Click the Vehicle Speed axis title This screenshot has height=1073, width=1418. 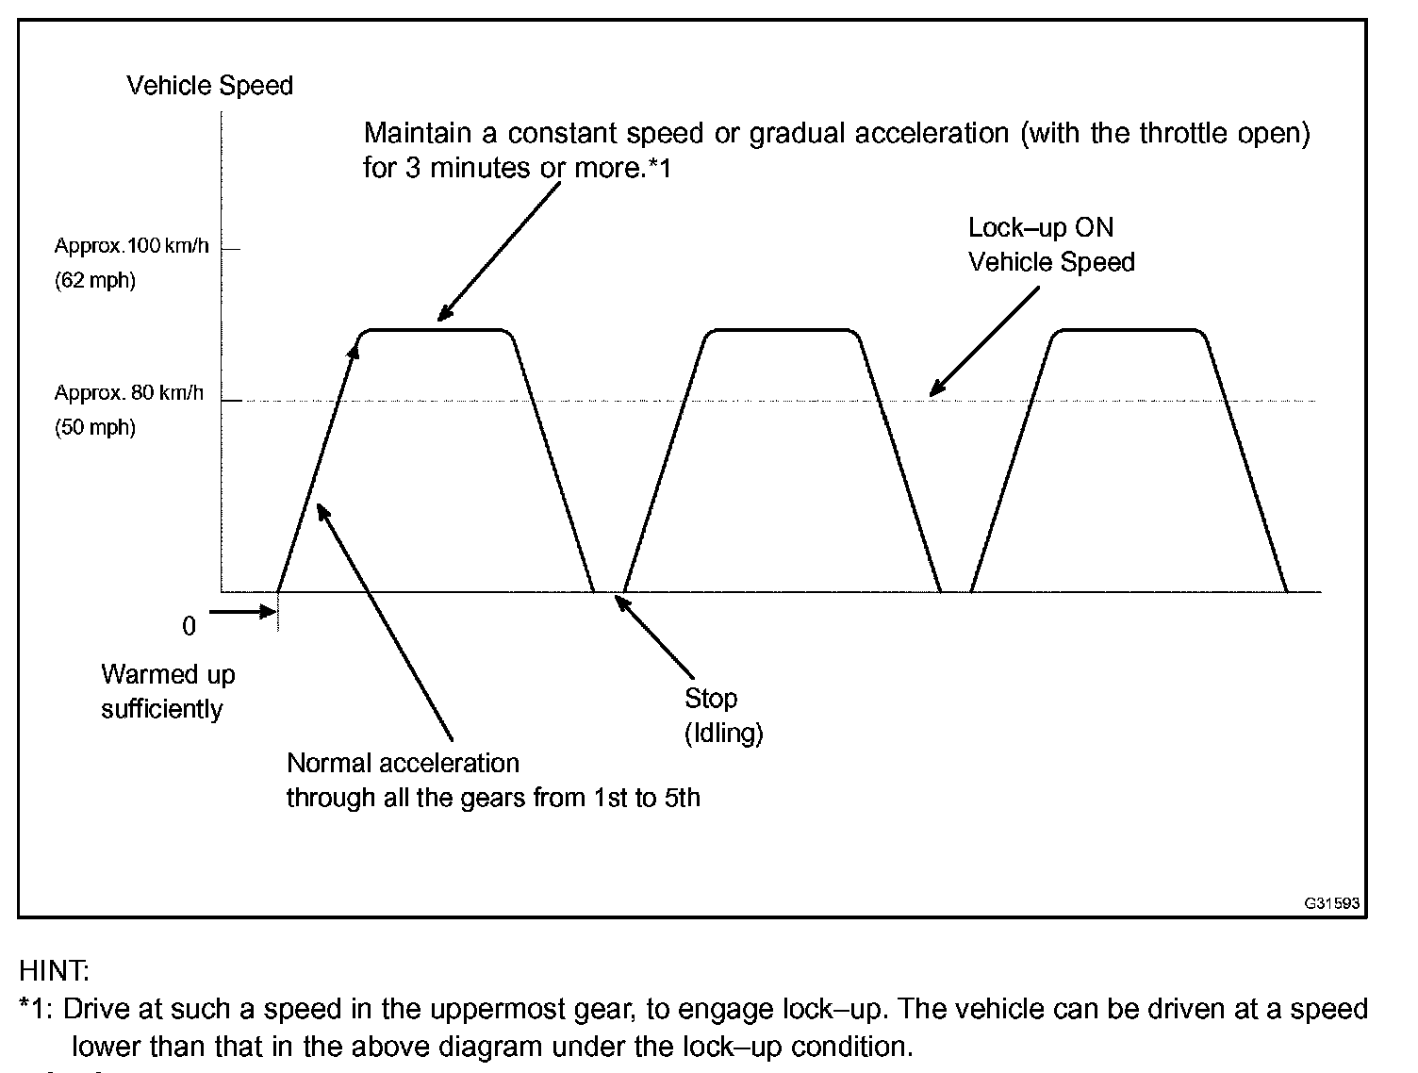coord(209,86)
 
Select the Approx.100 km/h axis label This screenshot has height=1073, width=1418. coord(131,247)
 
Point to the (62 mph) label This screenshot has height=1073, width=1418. coord(95,280)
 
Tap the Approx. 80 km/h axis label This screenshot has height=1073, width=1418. coord(129,393)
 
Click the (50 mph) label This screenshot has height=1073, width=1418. coord(95,427)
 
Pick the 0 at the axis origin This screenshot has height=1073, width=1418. coord(189,627)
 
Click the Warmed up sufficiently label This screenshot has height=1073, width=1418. coord(167,692)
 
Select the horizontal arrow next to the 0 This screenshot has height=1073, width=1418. coord(241,612)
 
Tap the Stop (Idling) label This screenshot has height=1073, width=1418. coord(723,716)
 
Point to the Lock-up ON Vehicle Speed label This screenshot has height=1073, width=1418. coord(1050,245)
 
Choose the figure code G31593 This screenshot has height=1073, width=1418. coord(1331,903)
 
